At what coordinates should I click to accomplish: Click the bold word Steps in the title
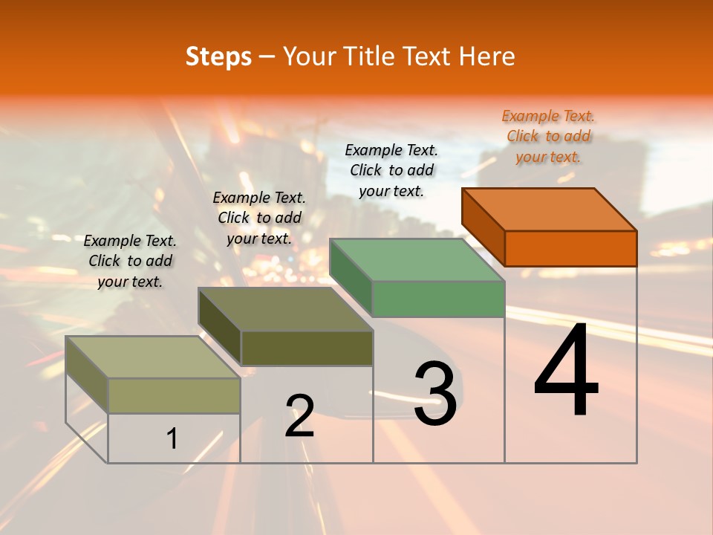click(x=218, y=57)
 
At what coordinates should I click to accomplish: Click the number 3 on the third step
click(x=435, y=393)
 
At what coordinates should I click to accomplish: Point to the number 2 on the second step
click(x=300, y=415)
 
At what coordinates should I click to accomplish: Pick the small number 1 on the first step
click(x=172, y=438)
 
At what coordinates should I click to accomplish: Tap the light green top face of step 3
click(x=417, y=260)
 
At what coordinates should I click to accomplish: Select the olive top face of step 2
click(x=286, y=309)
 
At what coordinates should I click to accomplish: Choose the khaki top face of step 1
click(x=153, y=357)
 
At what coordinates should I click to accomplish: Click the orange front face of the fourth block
click(x=570, y=248)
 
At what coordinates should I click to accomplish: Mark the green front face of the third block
click(x=438, y=299)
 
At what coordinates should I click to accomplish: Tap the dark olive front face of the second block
click(x=307, y=348)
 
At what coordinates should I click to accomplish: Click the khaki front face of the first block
click(x=174, y=395)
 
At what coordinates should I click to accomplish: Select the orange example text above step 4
click(x=548, y=136)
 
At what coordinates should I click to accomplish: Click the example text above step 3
click(x=391, y=170)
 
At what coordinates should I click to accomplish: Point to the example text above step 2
click(x=259, y=218)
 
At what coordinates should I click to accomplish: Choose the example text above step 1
click(x=130, y=261)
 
